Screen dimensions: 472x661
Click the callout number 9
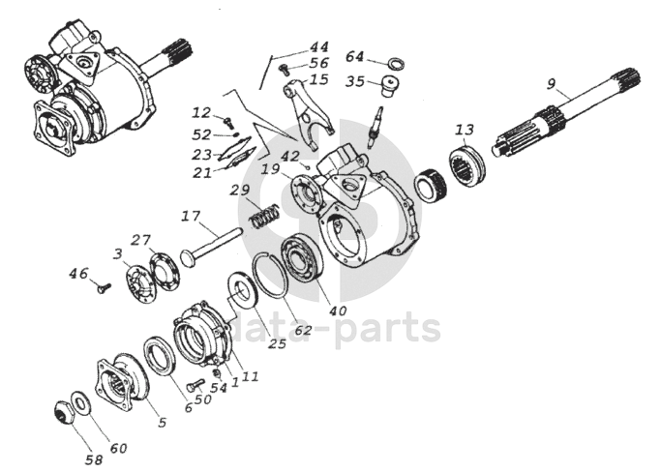[551, 84]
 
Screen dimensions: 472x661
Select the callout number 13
[465, 129]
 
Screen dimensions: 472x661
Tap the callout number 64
[354, 56]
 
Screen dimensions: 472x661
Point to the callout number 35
[355, 82]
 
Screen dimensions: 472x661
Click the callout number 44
[319, 46]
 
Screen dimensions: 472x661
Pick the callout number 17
[191, 216]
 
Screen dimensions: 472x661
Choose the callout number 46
[78, 275]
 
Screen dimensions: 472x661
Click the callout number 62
[304, 330]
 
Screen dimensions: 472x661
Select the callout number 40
[337, 311]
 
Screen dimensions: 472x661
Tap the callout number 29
[240, 190]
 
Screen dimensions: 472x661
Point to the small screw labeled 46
[104, 285]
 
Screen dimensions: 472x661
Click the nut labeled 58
[66, 415]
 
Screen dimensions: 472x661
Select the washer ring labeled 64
[394, 64]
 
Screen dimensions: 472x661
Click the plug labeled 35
[391, 91]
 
